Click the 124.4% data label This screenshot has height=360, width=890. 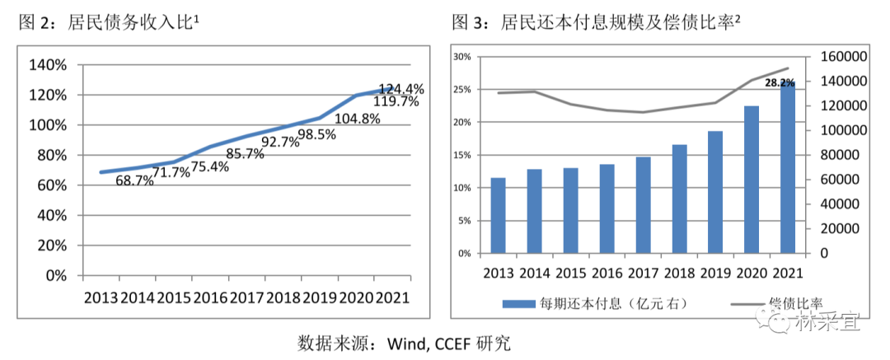click(401, 89)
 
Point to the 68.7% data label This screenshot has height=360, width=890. click(134, 181)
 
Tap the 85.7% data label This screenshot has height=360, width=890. click(245, 154)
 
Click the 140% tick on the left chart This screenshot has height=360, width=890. click(49, 65)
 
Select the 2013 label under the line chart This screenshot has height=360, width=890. click(101, 297)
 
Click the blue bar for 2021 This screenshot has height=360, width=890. click(787, 167)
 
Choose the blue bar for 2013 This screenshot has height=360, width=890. click(499, 215)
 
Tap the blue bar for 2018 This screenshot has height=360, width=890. click(679, 199)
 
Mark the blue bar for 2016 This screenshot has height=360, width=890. click(607, 209)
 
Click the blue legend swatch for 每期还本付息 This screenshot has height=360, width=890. click(518, 304)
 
